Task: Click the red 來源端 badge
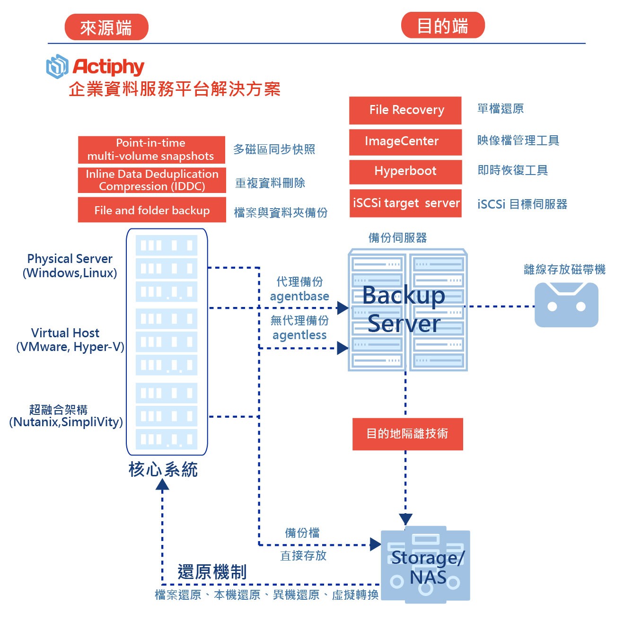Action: (106, 27)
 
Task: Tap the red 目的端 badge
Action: (442, 26)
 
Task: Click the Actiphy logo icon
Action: (57, 66)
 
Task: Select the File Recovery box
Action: (405, 110)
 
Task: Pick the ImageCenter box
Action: (405, 141)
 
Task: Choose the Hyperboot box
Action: (405, 171)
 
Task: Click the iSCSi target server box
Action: (405, 203)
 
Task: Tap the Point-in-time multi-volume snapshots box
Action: (151, 149)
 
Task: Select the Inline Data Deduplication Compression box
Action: (151, 180)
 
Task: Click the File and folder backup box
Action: (151, 210)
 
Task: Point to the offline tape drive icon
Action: (566, 305)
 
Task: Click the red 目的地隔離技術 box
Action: (407, 434)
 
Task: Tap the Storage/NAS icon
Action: (425, 566)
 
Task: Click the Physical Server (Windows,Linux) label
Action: (70, 266)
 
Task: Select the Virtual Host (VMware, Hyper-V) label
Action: (70, 340)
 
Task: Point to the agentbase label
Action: (299, 297)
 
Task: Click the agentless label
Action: (299, 335)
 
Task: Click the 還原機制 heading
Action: (212, 572)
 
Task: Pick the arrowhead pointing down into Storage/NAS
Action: (405, 519)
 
